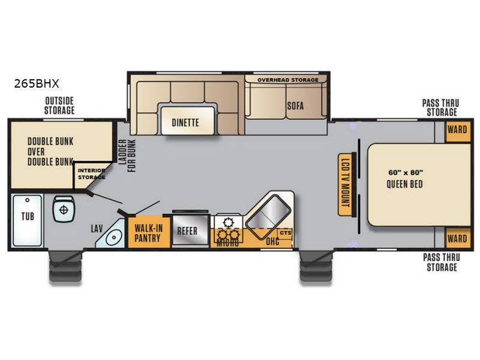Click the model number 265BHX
tap(37, 83)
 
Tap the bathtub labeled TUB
tap(27, 220)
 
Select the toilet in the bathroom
tap(64, 209)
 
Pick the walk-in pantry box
tap(149, 232)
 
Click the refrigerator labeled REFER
tap(190, 230)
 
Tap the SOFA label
tap(295, 106)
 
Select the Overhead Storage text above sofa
tap(288, 80)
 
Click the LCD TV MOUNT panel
tap(344, 184)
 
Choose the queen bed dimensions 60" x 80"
tap(406, 173)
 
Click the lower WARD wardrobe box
tap(457, 238)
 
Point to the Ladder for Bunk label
tap(127, 155)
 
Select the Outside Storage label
tap(59, 106)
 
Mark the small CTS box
tap(286, 233)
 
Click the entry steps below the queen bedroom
tap(316, 266)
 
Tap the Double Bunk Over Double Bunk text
tap(50, 152)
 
